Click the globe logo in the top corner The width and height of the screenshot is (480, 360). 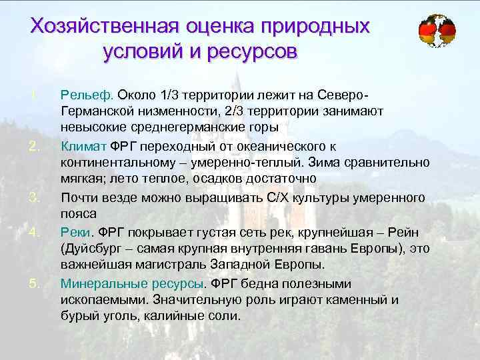point(437,30)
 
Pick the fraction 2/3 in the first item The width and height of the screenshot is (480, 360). point(237,109)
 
